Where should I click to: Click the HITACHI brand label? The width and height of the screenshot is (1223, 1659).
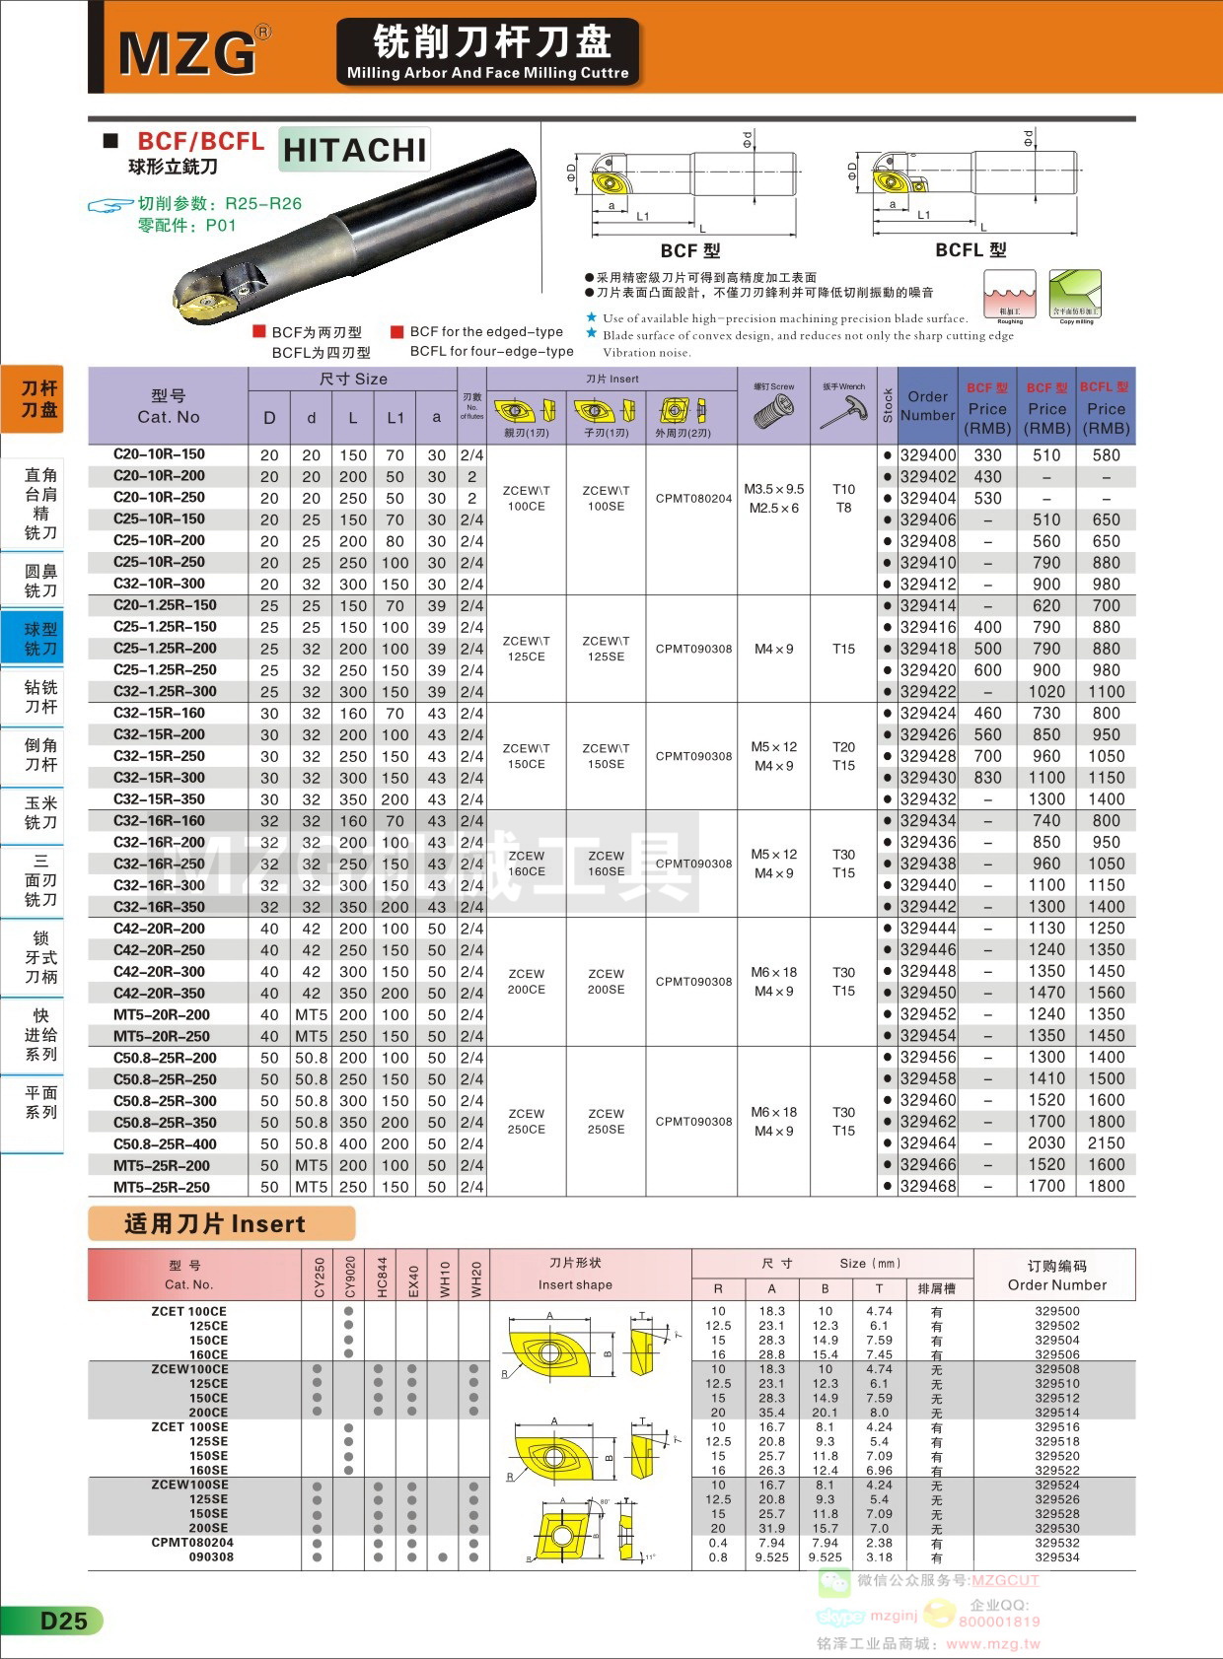(354, 150)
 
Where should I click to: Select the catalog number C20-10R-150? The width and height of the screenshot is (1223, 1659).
(159, 454)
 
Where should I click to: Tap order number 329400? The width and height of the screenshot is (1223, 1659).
(927, 455)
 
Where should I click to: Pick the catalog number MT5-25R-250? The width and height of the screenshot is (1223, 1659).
(161, 1187)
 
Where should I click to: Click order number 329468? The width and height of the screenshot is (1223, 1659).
(927, 1187)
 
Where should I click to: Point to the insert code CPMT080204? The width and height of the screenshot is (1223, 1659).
(693, 499)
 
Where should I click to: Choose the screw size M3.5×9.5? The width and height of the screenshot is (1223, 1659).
(774, 489)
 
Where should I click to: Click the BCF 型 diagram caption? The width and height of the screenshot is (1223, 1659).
(690, 250)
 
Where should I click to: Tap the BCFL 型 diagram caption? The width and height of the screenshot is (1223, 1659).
(971, 250)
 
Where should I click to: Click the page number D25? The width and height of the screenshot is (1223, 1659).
(63, 1621)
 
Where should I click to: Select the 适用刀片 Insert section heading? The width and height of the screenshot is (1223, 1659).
(215, 1224)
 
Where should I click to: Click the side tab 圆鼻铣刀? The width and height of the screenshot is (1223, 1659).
(40, 581)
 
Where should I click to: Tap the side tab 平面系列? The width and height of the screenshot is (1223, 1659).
(40, 1102)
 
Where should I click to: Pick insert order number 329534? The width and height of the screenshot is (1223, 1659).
(1056, 1557)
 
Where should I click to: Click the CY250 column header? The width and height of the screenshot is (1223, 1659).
(319, 1278)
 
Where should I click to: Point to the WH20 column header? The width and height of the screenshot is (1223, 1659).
(474, 1278)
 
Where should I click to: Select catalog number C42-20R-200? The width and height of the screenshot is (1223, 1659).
(159, 929)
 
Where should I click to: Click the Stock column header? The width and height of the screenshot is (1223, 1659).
(888, 406)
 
